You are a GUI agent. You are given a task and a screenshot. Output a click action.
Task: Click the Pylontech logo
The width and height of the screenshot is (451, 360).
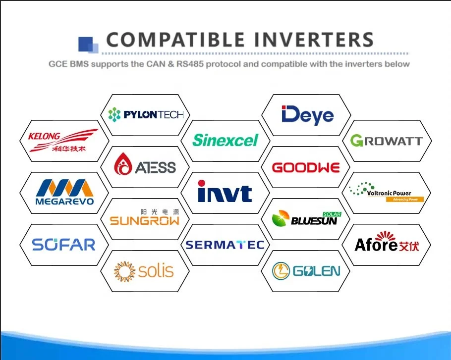pos(146,115)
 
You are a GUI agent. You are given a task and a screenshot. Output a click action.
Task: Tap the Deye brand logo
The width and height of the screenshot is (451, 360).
pos(307,115)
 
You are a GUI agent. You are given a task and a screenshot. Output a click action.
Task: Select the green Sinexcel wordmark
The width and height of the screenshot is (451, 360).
pos(225,140)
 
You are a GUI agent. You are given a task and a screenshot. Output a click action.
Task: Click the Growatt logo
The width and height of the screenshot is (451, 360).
pos(386,141)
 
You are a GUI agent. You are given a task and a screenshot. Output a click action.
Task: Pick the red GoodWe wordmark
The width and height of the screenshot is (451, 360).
pos(306,168)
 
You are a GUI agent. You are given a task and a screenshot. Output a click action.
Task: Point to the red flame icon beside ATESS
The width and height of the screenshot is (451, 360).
pos(123,164)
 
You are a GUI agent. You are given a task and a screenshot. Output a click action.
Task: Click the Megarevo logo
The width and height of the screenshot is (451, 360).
pos(65,192)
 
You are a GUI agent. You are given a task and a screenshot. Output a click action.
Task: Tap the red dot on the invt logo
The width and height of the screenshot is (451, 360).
pos(202,183)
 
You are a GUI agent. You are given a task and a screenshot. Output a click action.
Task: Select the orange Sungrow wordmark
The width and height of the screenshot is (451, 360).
pos(144,221)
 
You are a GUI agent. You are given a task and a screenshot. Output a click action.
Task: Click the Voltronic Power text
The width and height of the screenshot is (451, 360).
pos(389,193)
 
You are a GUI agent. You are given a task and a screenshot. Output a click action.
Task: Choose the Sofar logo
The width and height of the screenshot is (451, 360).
pos(63,245)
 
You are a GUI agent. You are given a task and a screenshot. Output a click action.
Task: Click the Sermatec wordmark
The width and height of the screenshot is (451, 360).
pos(225,245)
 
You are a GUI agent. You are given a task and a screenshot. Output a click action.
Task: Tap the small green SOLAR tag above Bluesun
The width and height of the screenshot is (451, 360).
pos(332,214)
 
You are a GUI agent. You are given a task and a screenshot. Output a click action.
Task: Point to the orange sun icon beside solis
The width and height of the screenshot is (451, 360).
pos(124,271)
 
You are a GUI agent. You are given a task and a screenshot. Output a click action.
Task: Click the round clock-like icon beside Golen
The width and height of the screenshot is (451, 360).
pos(281,271)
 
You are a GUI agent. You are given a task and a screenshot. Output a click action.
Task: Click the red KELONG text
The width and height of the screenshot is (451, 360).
pos(44,136)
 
